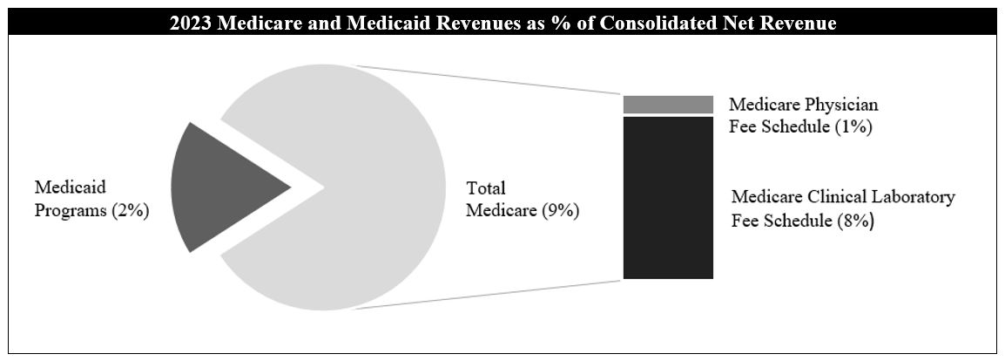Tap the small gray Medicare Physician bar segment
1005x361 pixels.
coord(668,105)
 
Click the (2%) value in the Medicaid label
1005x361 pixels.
coord(131,212)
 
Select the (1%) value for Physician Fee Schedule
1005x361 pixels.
coord(853,127)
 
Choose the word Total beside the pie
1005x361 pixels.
coord(486,187)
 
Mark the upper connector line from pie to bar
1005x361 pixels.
coord(488,78)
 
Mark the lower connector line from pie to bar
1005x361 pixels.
coord(488,295)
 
